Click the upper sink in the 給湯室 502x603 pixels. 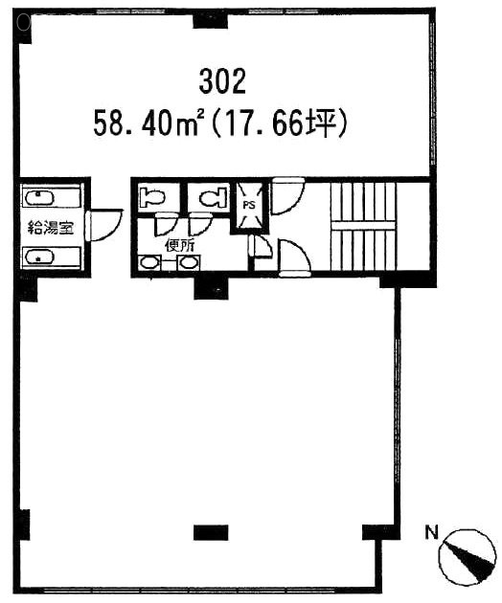coord(40,199)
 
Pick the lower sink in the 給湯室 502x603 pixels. coord(40,257)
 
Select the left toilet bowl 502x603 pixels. coord(153,199)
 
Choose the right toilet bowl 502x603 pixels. coord(211,198)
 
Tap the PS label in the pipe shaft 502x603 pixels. coord(248,204)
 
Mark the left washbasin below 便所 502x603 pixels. coord(151,262)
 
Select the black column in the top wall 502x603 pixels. coord(205,21)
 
